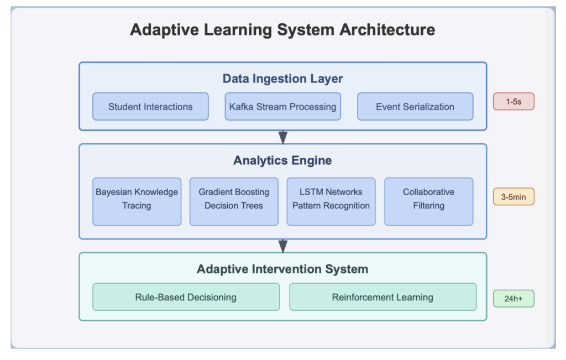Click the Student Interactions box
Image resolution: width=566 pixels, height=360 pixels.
[x=150, y=107]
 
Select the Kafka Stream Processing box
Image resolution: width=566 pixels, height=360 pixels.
[x=282, y=107]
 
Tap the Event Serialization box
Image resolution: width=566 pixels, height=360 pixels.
[x=415, y=107]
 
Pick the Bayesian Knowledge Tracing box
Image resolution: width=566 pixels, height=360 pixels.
[x=137, y=201]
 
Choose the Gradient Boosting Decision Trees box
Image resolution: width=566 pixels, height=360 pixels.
[x=234, y=201]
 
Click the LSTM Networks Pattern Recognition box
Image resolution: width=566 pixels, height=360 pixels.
[x=331, y=201]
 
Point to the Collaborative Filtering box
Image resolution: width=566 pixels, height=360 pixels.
[x=429, y=201]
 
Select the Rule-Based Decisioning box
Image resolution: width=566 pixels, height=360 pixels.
[x=186, y=297]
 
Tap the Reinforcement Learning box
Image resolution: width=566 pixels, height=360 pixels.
[x=383, y=297]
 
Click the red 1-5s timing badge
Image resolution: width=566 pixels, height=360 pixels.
[x=513, y=101]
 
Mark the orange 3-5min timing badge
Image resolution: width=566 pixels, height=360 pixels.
[x=513, y=197]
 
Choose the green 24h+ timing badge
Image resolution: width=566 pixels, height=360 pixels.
[x=513, y=299]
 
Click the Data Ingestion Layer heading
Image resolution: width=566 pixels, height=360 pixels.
[x=282, y=79]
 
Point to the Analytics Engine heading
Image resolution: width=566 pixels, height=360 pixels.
[x=282, y=160]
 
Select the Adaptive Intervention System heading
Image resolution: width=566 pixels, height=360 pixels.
[x=282, y=269]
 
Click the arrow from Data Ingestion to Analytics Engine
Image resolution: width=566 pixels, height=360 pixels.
[x=283, y=137]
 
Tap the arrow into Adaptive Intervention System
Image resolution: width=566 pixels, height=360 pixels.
[x=283, y=246]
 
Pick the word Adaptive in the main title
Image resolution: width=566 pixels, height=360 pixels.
[x=164, y=30]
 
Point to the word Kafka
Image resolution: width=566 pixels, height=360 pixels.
[x=241, y=107]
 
